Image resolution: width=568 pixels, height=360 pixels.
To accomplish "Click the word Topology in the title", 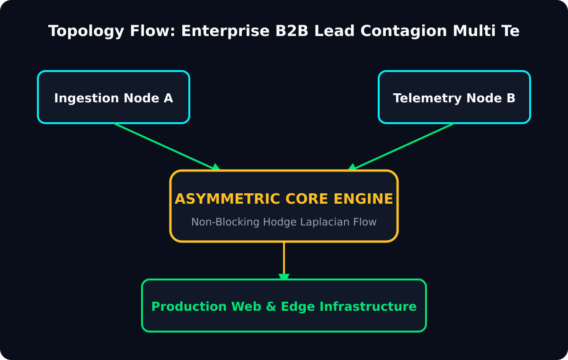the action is click(x=86, y=31).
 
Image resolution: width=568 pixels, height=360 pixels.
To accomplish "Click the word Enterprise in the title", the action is click(x=225, y=31).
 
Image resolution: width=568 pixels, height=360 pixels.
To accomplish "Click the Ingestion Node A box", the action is click(x=114, y=97).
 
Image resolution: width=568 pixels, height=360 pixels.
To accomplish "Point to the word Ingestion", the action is click(x=87, y=99).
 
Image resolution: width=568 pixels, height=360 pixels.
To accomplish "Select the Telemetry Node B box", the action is click(x=454, y=97).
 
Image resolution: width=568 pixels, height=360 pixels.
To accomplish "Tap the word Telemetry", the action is click(x=427, y=99).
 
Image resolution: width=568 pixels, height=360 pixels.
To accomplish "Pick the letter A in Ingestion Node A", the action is click(x=169, y=98).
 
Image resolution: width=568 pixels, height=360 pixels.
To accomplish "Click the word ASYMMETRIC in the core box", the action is click(x=228, y=199).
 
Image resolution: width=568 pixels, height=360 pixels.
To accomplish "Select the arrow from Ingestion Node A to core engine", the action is click(x=167, y=147).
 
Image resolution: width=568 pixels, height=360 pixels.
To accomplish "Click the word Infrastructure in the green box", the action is click(x=368, y=306).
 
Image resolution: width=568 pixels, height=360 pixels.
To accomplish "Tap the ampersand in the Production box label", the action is click(x=271, y=306).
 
